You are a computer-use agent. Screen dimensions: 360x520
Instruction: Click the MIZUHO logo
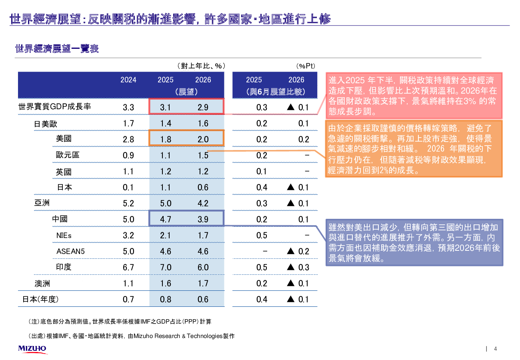pyautogui.click(x=32, y=349)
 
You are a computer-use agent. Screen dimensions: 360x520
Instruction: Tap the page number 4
pyautogui.click(x=496, y=349)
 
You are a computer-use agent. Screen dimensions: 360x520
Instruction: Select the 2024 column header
pyautogui.click(x=128, y=80)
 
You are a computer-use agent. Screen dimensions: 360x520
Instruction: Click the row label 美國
pyautogui.click(x=64, y=139)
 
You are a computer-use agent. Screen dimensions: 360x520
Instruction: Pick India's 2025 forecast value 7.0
pyautogui.click(x=166, y=267)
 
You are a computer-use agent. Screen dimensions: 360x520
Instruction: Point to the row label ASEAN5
pyautogui.click(x=70, y=251)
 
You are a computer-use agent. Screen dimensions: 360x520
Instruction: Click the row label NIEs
pyautogui.click(x=64, y=235)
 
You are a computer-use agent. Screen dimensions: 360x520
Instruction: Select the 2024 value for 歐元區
pyautogui.click(x=128, y=155)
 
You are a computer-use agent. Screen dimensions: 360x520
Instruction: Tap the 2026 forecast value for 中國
pyautogui.click(x=203, y=219)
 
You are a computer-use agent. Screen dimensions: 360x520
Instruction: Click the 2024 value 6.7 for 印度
pyautogui.click(x=128, y=267)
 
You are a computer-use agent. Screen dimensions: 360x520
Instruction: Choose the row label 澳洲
pyautogui.click(x=42, y=283)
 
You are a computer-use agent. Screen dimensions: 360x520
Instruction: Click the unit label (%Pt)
pyautogui.click(x=306, y=66)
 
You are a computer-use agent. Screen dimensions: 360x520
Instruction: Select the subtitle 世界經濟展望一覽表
pyautogui.click(x=57, y=49)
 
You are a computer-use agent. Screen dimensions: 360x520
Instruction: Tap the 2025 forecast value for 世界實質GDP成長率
pyautogui.click(x=166, y=107)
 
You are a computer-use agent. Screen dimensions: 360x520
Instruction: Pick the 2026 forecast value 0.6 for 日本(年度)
pyautogui.click(x=203, y=299)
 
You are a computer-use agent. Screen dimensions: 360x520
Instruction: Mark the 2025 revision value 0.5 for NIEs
pyautogui.click(x=262, y=235)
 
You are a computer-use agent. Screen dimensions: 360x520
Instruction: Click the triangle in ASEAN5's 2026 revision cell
pyautogui.click(x=291, y=251)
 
